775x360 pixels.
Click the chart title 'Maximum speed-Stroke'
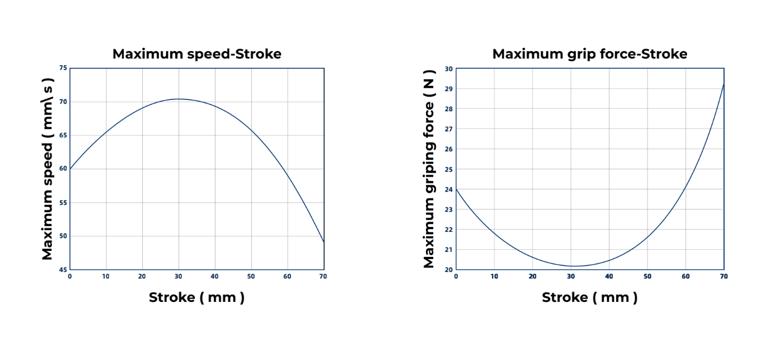point(196,54)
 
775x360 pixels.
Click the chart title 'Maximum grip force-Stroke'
point(589,54)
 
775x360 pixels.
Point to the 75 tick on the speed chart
point(63,68)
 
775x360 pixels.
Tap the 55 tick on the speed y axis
point(63,203)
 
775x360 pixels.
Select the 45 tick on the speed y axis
point(63,269)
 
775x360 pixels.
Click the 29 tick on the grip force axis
point(448,89)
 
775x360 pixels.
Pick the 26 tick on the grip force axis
point(448,149)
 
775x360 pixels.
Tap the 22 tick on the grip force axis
point(448,229)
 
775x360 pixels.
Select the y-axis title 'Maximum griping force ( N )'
point(429,168)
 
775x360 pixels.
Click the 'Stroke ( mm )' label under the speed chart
point(196,298)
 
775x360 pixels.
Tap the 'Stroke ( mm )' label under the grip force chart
point(589,298)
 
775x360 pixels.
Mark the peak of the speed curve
point(179,99)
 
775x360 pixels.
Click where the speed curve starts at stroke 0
point(71,169)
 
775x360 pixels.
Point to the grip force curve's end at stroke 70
point(724,84)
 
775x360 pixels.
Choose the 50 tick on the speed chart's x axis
point(251,276)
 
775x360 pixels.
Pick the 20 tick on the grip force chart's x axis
point(532,276)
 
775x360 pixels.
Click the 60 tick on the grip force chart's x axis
point(685,276)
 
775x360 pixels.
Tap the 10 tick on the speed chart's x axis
point(106,276)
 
